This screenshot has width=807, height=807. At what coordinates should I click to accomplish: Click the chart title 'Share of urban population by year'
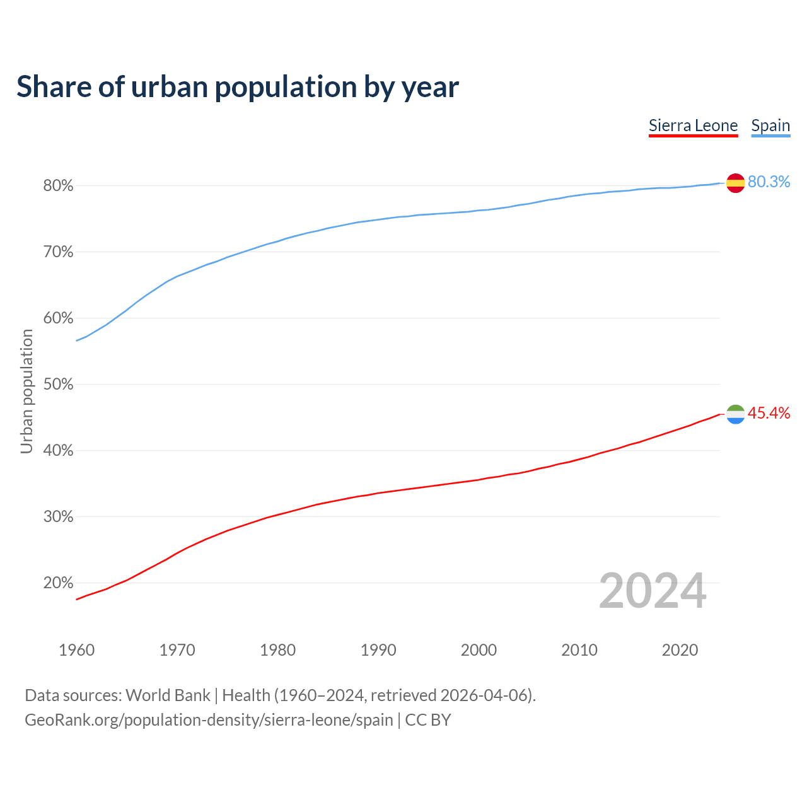point(238,87)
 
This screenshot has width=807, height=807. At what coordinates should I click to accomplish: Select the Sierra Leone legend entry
point(693,125)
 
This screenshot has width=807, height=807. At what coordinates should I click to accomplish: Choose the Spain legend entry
point(770,125)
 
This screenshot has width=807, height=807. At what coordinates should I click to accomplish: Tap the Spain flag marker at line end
point(735,183)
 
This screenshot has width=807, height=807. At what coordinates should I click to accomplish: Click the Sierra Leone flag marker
point(735,414)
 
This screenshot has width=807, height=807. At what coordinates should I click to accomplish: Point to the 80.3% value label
point(769,182)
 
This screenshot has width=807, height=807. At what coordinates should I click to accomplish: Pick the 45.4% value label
point(769,414)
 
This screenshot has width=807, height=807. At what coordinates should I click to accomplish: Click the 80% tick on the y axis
point(58,186)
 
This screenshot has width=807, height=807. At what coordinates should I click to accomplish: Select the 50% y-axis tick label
point(58,385)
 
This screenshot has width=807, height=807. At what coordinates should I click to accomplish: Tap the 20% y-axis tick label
point(58,583)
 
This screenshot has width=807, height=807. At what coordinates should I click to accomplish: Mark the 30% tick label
point(58,517)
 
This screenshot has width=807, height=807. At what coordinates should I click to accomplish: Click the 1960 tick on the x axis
point(76,650)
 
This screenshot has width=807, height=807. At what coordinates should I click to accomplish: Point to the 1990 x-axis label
point(378,650)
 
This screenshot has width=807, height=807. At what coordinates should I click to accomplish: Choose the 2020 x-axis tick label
point(680,650)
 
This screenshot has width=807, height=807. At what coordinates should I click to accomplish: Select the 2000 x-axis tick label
point(479,650)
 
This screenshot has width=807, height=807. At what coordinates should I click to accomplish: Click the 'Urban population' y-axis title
point(26,391)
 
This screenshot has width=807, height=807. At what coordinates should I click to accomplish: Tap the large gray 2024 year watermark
point(653,591)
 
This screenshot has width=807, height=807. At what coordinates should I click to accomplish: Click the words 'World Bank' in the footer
point(168,695)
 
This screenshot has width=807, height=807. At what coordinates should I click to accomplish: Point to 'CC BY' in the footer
point(428,720)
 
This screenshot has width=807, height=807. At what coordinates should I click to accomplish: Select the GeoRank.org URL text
point(209,720)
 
